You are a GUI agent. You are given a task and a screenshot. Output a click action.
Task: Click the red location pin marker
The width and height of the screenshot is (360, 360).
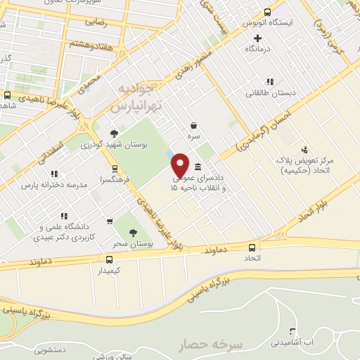181,165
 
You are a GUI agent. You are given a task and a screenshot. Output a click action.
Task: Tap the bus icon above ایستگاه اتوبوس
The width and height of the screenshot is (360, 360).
267,11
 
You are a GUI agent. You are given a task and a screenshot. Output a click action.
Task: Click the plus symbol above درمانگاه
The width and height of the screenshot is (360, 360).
258,38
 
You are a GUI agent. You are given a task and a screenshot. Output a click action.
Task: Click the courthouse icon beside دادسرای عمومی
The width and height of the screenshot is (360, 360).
198,167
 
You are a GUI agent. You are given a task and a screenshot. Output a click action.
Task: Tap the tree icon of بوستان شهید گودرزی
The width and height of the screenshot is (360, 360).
114,132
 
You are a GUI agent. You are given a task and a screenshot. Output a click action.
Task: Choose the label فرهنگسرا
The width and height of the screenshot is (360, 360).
114,180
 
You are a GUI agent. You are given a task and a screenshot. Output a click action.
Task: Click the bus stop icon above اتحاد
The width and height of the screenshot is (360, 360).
252,247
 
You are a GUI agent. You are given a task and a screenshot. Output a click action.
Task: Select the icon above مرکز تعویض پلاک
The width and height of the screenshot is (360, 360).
304,149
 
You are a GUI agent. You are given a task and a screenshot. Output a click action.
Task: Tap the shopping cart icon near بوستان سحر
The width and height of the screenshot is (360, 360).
110,221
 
